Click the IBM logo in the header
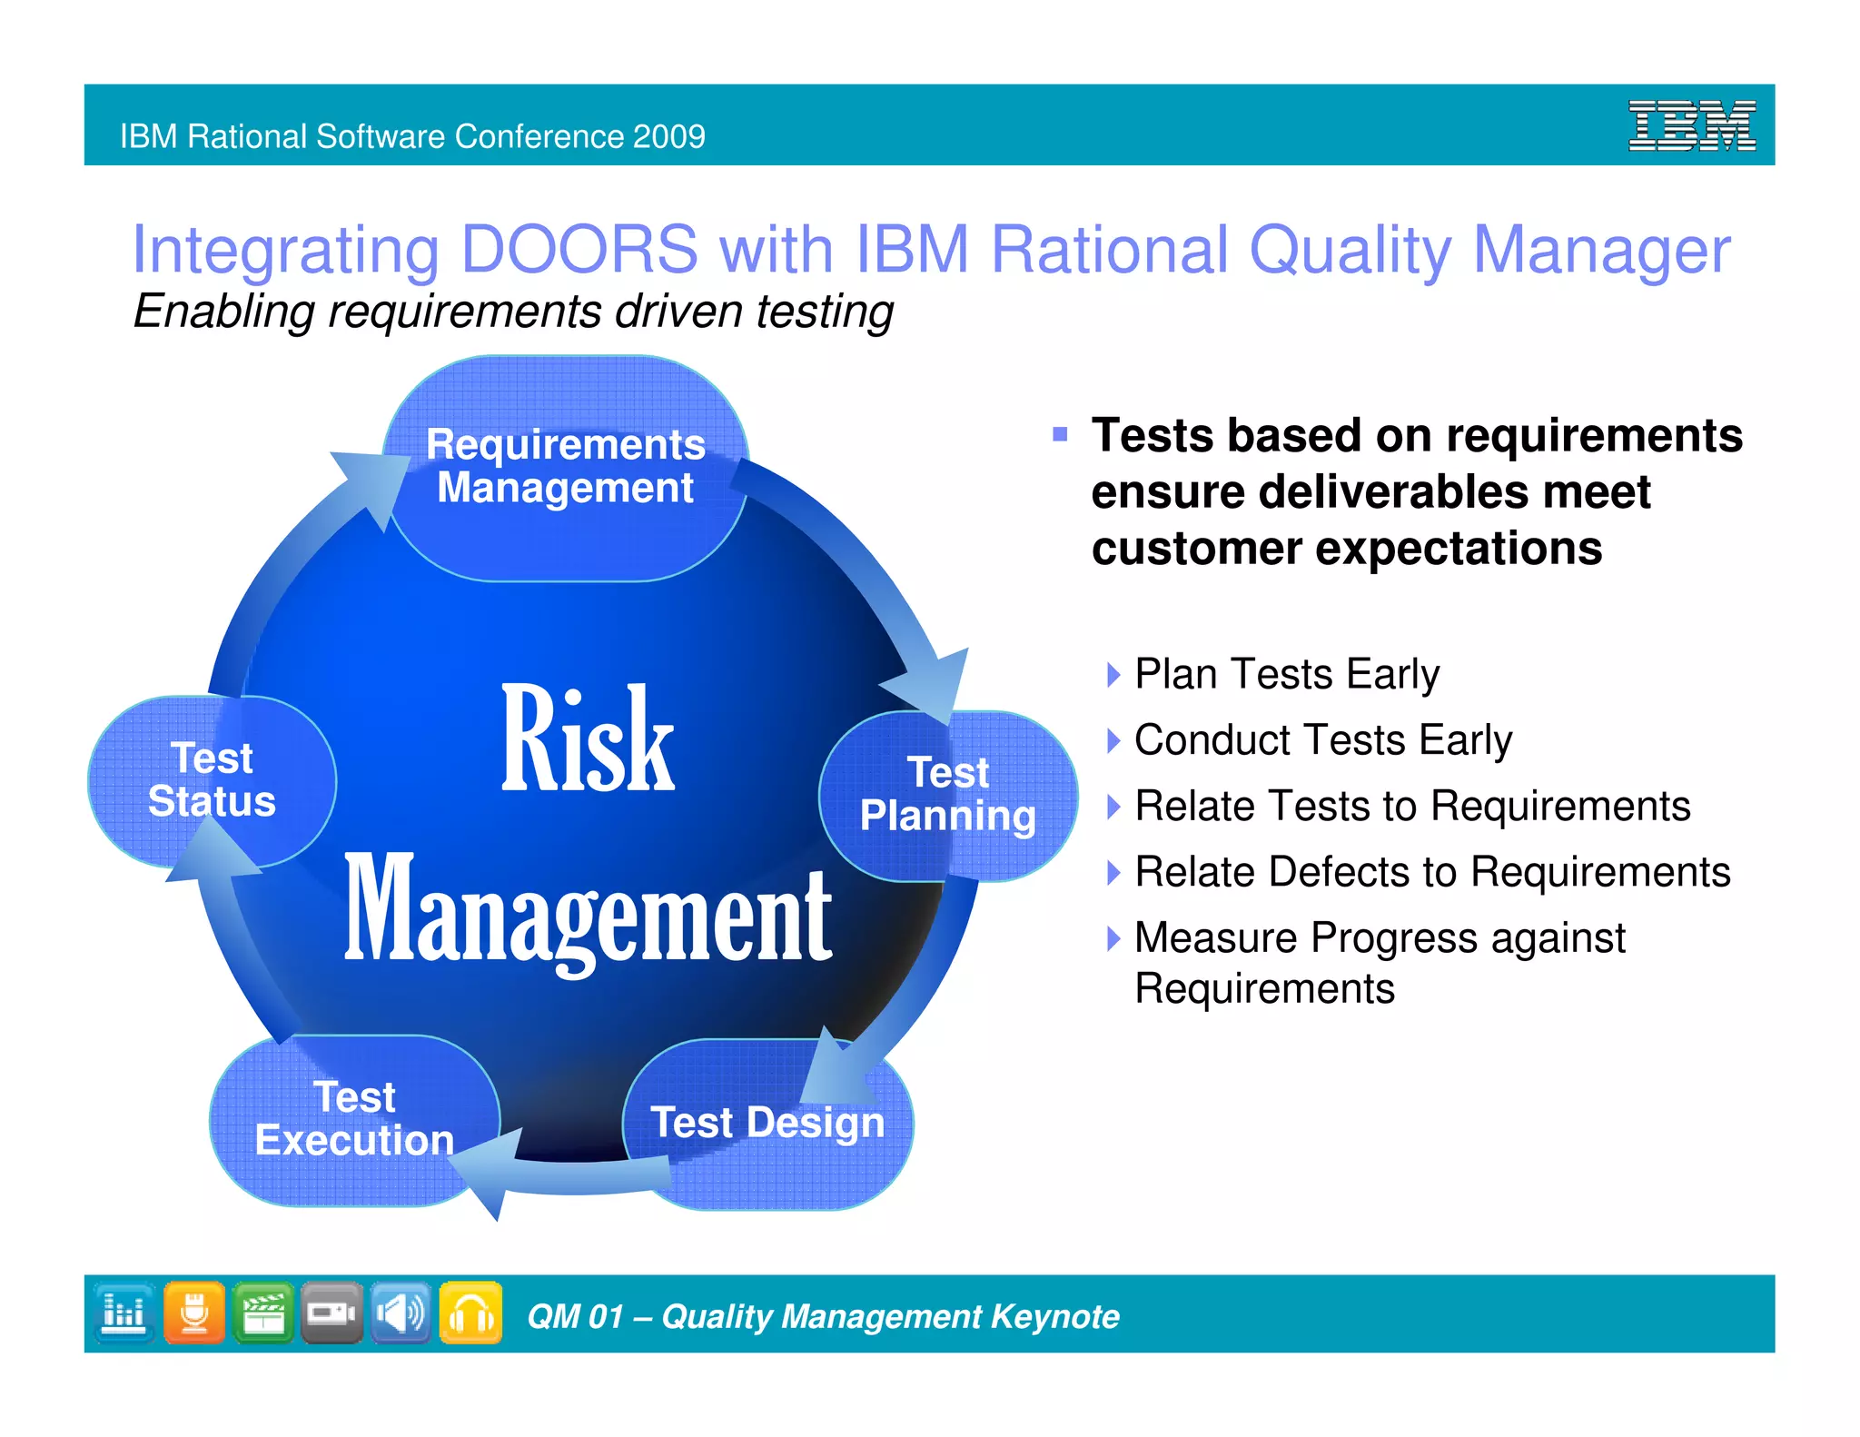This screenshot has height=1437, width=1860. pyautogui.click(x=1691, y=126)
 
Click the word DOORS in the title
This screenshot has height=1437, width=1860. pyautogui.click(x=579, y=250)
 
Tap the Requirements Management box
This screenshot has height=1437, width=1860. pyautogui.click(x=565, y=467)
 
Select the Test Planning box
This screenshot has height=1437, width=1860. pyautogui.click(x=948, y=795)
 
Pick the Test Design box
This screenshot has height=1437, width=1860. pyautogui.click(x=767, y=1123)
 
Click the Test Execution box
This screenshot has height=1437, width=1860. pyautogui.click(x=354, y=1119)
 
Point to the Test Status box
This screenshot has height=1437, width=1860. pyautogui.click(x=212, y=780)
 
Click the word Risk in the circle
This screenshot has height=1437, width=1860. pyautogui.click(x=588, y=740)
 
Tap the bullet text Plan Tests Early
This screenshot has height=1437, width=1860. pyautogui.click(x=1286, y=675)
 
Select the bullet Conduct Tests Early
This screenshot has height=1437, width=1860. pyautogui.click(x=1322, y=740)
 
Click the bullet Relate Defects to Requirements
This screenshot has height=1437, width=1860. pyautogui.click(x=1431, y=872)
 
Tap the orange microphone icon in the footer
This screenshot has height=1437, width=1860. pyautogui.click(x=194, y=1313)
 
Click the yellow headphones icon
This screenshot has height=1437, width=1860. pyautogui.click(x=470, y=1313)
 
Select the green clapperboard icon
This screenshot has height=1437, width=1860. pyautogui.click(x=263, y=1313)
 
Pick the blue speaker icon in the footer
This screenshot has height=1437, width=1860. pyautogui.click(x=401, y=1313)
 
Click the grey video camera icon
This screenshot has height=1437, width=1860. pyautogui.click(x=331, y=1313)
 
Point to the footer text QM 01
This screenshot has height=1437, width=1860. pyautogui.click(x=575, y=1316)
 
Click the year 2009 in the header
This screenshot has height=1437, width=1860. pyautogui.click(x=668, y=136)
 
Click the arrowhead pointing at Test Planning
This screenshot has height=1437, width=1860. pyautogui.click(x=935, y=687)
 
